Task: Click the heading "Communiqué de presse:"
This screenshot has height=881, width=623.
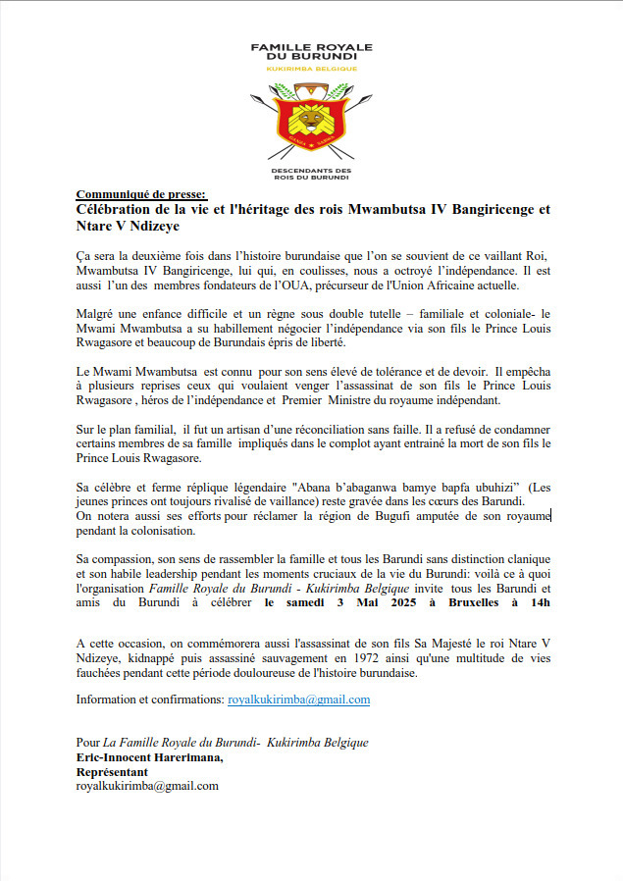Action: click(x=141, y=194)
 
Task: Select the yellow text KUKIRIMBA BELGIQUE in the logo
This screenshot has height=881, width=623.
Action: click(x=311, y=68)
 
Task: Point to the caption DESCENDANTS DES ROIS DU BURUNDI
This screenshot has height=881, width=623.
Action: click(x=311, y=174)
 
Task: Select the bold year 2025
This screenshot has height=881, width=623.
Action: click(x=385, y=601)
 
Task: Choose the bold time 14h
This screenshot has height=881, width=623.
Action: click(x=538, y=601)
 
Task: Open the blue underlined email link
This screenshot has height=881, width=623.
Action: click(x=298, y=700)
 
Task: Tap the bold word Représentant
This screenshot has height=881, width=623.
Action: click(x=112, y=771)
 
